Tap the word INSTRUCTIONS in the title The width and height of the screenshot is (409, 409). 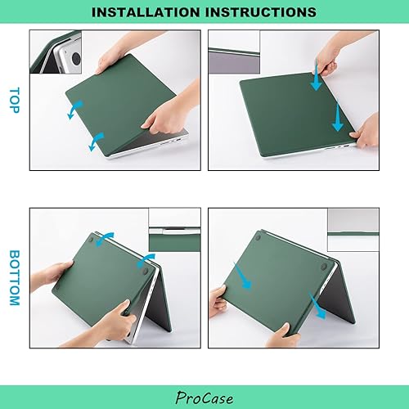(259, 13)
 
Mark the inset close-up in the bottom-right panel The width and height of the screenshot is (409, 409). (353, 229)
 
